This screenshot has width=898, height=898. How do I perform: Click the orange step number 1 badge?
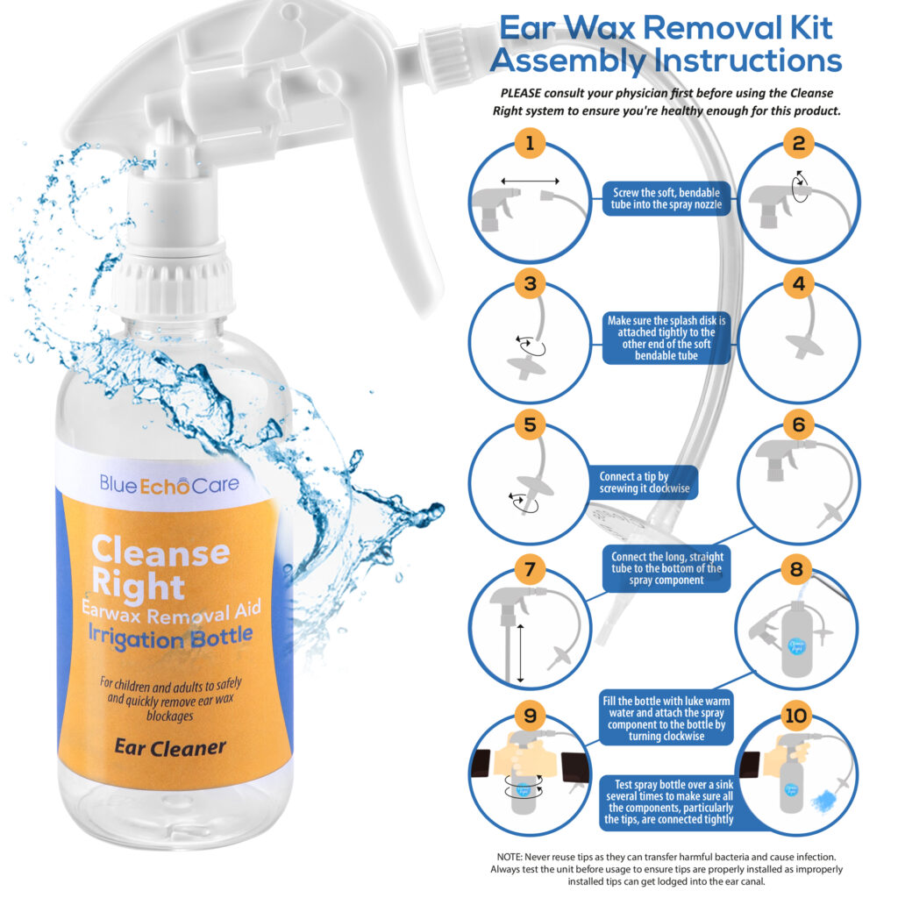[x=529, y=144]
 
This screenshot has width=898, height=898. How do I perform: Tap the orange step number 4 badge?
[x=797, y=284]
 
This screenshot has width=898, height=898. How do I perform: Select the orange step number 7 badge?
[x=529, y=569]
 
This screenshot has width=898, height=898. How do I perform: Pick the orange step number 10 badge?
[x=796, y=716]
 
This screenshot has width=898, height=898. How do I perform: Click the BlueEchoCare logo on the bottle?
[x=168, y=483]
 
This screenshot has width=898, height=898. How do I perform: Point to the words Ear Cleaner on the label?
[x=170, y=747]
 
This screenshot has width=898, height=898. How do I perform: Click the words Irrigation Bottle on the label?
[x=172, y=637]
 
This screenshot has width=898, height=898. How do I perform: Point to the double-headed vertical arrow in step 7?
[x=519, y=653]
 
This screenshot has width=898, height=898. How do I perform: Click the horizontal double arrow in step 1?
[x=530, y=181]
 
